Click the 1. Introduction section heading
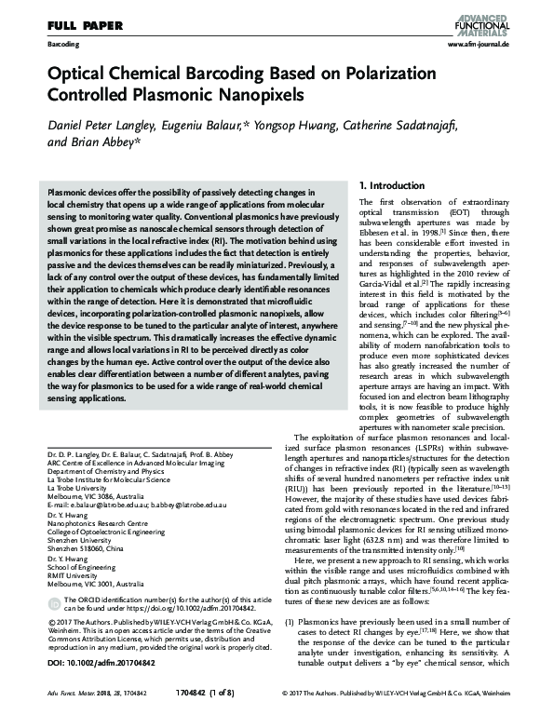click(x=395, y=185)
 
